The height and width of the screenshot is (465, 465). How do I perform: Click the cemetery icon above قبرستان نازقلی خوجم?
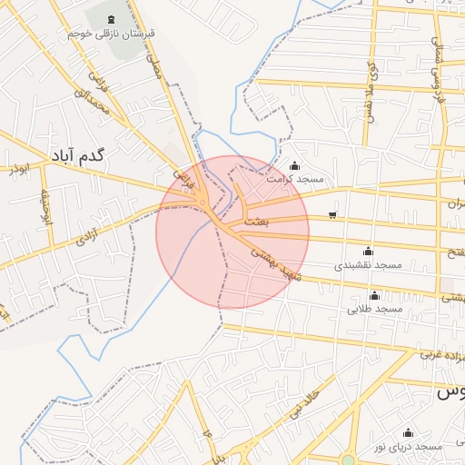(112, 19)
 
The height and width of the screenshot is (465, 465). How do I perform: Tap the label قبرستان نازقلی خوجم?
(112, 33)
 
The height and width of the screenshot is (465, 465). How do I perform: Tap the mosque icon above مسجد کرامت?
(294, 166)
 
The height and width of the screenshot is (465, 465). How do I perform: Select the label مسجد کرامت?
(294, 180)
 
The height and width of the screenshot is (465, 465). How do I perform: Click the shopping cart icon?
(332, 215)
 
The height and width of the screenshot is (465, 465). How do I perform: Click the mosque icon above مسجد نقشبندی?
(368, 252)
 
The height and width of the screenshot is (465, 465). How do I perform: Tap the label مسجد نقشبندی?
(368, 265)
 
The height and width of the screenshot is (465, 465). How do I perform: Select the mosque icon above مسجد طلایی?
(374, 295)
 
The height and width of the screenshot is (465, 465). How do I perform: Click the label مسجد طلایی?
(374, 309)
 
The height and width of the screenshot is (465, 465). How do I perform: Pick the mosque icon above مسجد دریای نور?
(408, 433)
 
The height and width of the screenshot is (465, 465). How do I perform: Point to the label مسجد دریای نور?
(408, 447)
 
